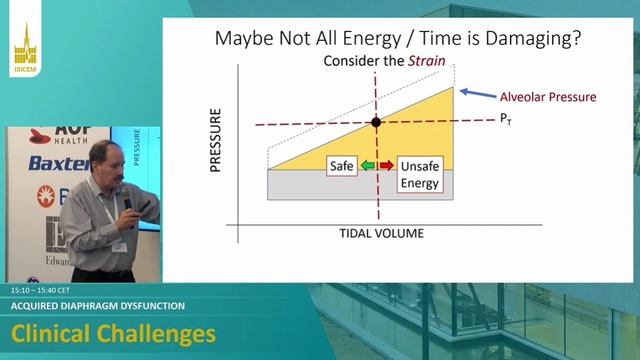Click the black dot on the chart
[x=377, y=123]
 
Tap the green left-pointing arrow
[x=369, y=165]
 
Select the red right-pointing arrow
[x=386, y=165]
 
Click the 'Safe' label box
[x=342, y=165]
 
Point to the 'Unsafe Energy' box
[x=419, y=173]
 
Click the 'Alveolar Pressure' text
[x=547, y=97]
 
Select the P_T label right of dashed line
[x=506, y=119]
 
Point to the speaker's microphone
[x=127, y=201]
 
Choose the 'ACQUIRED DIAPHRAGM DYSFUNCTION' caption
[x=97, y=306]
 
